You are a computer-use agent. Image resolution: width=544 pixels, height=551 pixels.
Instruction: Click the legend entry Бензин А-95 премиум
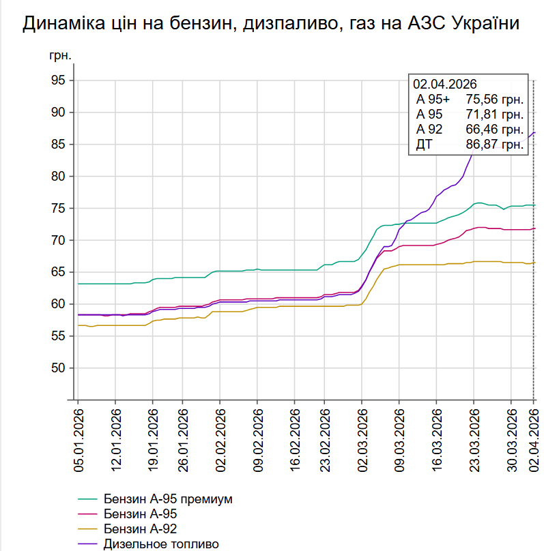[168, 498]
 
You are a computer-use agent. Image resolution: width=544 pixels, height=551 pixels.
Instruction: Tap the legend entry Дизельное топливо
[161, 544]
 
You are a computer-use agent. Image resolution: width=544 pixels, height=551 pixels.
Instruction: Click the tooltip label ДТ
[425, 144]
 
